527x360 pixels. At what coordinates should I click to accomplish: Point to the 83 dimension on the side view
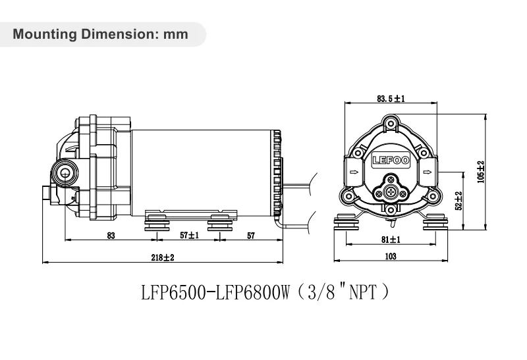pyautogui.click(x=111, y=235)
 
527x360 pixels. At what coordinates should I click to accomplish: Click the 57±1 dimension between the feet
pyautogui.click(x=188, y=235)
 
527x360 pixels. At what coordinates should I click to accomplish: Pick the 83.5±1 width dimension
pyautogui.click(x=391, y=99)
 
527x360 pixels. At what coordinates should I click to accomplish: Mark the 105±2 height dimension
pyautogui.click(x=481, y=172)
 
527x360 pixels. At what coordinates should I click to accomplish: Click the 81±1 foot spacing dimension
pyautogui.click(x=391, y=240)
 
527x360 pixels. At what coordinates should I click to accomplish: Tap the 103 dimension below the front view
pyautogui.click(x=391, y=257)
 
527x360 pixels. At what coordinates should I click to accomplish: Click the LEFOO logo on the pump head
pyautogui.click(x=391, y=159)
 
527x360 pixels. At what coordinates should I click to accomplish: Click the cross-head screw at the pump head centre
pyautogui.click(x=391, y=192)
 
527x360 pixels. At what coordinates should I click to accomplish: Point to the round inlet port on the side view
pyautogui.click(x=64, y=173)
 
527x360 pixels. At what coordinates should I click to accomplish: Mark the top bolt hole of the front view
pyautogui.click(x=391, y=122)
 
